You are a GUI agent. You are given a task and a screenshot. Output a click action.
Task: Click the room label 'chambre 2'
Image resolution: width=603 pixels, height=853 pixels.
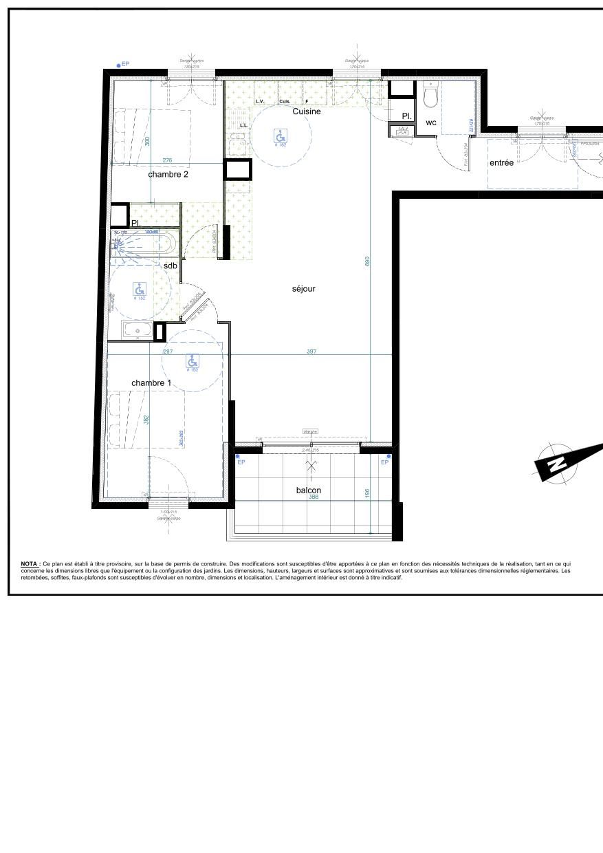(168, 175)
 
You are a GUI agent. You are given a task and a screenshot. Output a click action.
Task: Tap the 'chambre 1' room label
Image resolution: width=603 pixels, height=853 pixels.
(151, 383)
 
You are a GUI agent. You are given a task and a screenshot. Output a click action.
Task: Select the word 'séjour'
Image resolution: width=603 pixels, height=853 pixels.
(303, 289)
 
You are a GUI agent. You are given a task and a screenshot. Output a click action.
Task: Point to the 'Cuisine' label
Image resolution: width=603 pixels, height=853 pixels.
(307, 111)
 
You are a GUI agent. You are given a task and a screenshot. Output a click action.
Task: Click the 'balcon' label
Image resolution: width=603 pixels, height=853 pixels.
(309, 490)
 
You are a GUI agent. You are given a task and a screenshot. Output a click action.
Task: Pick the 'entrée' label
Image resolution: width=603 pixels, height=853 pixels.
(501, 163)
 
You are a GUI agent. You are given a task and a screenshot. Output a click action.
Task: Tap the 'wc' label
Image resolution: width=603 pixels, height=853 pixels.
(431, 123)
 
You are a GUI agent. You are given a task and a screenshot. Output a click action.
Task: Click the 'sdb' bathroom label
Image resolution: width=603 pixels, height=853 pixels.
(171, 266)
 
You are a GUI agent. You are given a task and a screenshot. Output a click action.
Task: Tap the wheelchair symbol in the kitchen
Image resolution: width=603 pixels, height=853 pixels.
(281, 135)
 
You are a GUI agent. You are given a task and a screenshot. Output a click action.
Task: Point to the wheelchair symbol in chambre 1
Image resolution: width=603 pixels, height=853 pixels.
(193, 360)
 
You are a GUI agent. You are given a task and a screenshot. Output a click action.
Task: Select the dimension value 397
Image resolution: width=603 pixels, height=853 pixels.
(311, 352)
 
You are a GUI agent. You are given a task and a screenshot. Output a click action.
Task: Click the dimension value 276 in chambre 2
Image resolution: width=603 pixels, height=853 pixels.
(167, 161)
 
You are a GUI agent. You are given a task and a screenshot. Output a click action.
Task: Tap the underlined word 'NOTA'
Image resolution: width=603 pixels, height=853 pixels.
(30, 563)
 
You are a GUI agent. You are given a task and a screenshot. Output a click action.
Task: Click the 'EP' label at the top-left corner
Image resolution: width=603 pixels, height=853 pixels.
(125, 64)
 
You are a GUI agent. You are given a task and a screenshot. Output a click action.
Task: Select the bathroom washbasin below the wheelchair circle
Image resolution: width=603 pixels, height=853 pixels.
(138, 331)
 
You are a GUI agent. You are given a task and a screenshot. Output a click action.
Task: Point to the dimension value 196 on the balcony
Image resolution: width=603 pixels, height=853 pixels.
(368, 493)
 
